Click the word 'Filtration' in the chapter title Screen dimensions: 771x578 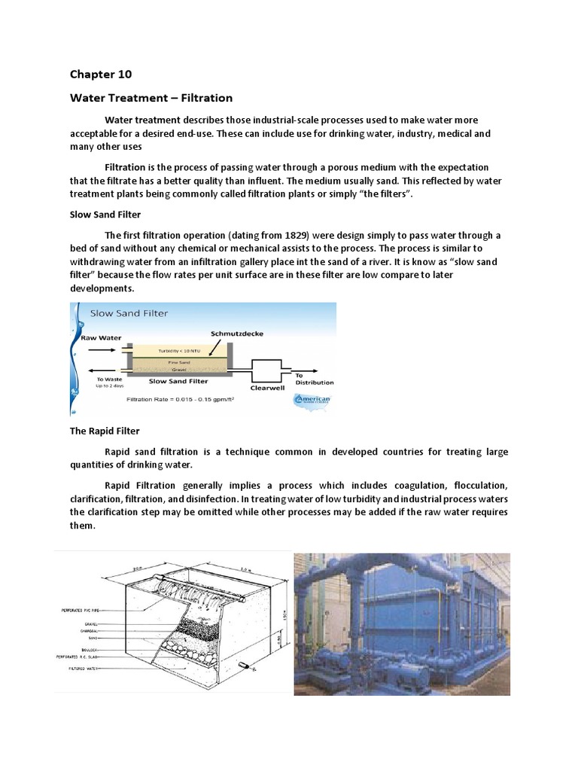(x=204, y=98)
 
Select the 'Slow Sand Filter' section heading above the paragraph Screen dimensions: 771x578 (x=101, y=215)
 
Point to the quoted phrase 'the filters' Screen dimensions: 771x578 (x=385, y=194)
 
